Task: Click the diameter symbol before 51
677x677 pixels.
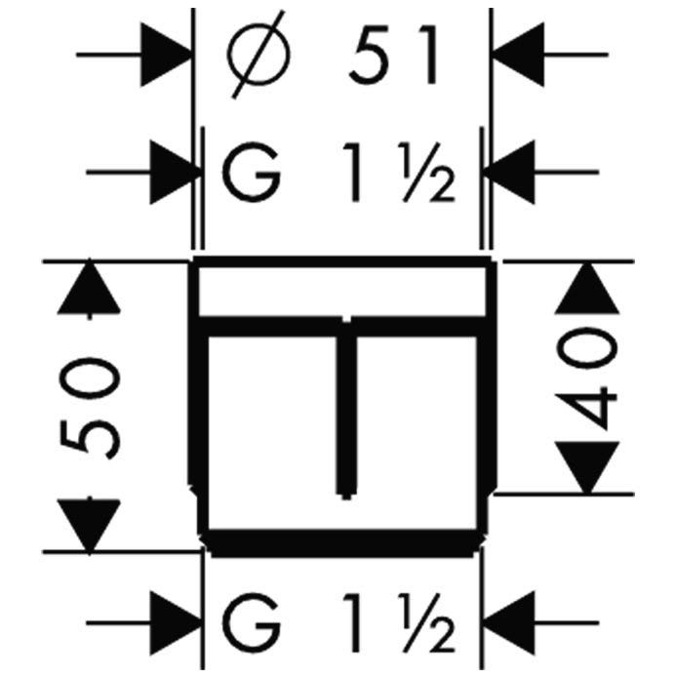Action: coord(259,55)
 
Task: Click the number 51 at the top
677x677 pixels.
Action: coord(395,55)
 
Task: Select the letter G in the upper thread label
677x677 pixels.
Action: coord(251,172)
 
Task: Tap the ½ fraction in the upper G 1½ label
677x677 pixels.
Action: coord(428,173)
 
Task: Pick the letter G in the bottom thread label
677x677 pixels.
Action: coord(251,623)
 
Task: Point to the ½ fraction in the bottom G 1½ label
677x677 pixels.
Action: coord(428,623)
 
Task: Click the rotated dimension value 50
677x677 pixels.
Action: coord(90,408)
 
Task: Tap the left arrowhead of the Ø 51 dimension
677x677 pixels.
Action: coord(166,55)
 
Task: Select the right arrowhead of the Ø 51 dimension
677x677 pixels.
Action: coord(518,55)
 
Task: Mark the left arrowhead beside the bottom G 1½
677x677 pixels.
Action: coord(176,623)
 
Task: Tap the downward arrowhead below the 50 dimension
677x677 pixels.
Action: coord(89,527)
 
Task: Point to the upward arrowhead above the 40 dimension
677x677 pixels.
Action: coord(586,289)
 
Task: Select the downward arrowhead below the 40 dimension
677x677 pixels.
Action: coord(586,467)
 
